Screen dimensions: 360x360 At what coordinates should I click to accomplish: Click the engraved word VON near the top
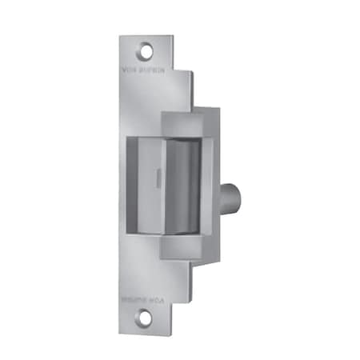[130, 70]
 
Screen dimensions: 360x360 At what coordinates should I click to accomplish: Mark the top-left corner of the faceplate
[121, 36]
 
